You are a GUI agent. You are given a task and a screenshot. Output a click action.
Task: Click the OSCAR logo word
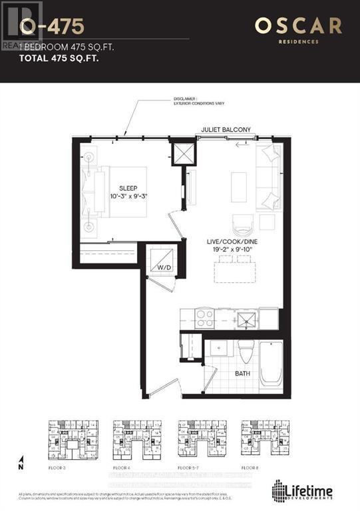coord(298,27)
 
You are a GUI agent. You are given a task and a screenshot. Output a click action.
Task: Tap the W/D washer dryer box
coord(163,260)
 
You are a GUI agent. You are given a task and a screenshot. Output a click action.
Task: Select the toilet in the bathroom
coord(244,351)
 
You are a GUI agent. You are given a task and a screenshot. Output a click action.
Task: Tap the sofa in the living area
coord(270,176)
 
